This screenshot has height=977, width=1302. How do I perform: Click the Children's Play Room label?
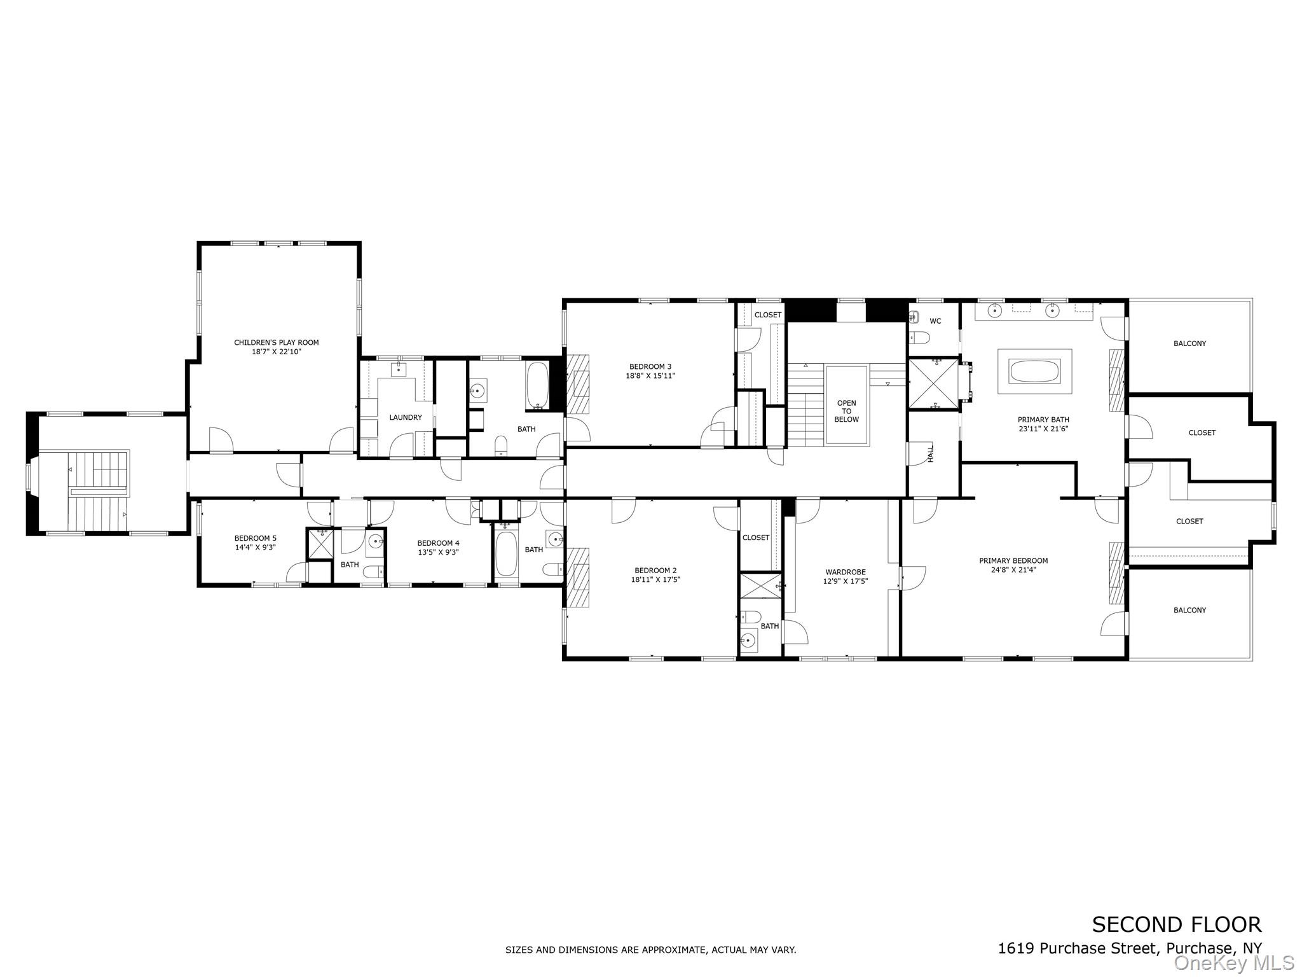pos(276,342)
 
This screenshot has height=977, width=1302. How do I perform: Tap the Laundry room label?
pos(405,417)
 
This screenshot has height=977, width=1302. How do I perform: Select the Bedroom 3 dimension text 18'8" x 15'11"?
pos(650,376)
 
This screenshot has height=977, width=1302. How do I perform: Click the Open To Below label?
pos(846,411)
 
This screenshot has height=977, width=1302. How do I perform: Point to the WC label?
pos(935,321)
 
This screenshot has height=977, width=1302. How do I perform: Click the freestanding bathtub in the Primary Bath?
pos(1034,371)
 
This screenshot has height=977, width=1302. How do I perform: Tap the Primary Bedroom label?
pos(1013,560)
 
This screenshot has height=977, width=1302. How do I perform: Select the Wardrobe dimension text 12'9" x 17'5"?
pos(846,581)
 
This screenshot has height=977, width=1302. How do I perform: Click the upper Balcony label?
pos(1189,343)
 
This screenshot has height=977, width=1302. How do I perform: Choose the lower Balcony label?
pos(1189,610)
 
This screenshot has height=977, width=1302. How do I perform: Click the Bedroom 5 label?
pos(255,538)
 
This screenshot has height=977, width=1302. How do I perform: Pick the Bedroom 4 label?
pos(438,543)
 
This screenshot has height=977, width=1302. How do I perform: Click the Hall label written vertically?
pos(931,454)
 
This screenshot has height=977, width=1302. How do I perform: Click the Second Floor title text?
pos(1176,924)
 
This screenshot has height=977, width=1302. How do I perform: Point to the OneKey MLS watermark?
pos(1233,963)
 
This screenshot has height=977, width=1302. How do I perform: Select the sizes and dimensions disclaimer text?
pos(650,950)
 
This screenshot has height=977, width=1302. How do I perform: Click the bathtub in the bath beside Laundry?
pos(537,386)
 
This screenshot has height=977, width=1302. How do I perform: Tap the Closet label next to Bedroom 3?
pos(767,315)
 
